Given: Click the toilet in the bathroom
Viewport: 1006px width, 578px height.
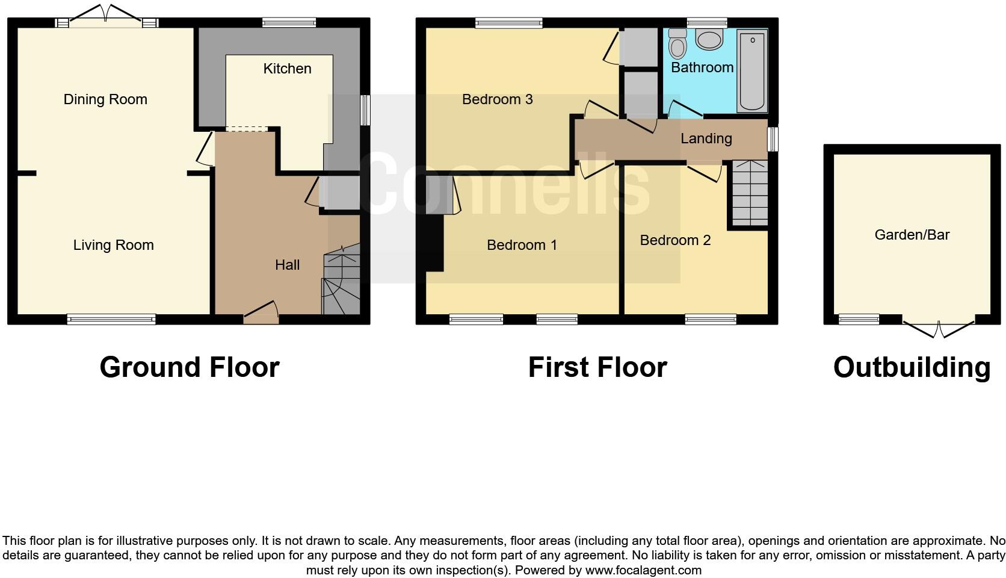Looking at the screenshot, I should pyautogui.click(x=677, y=43).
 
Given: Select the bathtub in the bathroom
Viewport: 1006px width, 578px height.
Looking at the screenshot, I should pyautogui.click(x=752, y=71).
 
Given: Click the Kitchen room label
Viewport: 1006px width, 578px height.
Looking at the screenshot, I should pyautogui.click(x=287, y=69).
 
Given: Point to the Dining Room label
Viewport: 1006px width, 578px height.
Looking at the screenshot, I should pyautogui.click(x=105, y=99).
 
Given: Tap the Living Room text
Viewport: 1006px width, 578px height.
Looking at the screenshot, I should pyautogui.click(x=113, y=245).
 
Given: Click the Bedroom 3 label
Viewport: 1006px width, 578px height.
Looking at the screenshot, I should pyautogui.click(x=497, y=99).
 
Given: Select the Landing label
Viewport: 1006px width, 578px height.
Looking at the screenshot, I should pyautogui.click(x=706, y=138).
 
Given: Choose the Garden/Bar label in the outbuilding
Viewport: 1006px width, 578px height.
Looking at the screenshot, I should pyautogui.click(x=912, y=235).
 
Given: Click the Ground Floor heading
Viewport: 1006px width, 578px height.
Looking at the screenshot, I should pyautogui.click(x=189, y=367).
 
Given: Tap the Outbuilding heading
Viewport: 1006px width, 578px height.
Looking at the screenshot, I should pyautogui.click(x=912, y=367).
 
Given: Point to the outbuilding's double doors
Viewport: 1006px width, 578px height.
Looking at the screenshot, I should pyautogui.click(x=939, y=328).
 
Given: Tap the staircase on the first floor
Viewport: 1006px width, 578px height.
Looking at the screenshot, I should pyautogui.click(x=750, y=193).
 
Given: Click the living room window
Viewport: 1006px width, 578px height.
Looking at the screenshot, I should pyautogui.click(x=111, y=319).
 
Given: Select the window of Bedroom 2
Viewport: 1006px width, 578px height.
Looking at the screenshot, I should pyautogui.click(x=711, y=319).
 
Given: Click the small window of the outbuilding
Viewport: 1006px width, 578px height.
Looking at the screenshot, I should pyautogui.click(x=859, y=319).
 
